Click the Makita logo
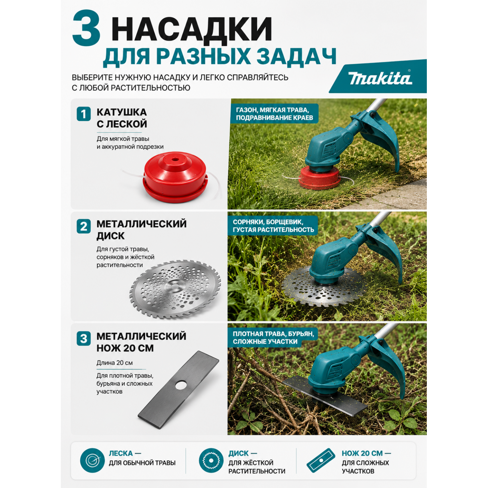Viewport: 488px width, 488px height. [x=380, y=78]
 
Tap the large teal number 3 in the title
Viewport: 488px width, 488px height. [x=86, y=28]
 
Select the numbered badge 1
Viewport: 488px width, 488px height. [x=84, y=114]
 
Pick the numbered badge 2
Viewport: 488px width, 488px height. [x=84, y=226]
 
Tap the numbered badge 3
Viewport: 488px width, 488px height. [x=84, y=338]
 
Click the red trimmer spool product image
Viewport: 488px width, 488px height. [x=175, y=178]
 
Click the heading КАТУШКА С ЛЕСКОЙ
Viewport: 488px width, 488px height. [x=122, y=118]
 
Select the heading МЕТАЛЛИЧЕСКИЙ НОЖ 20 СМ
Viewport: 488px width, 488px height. [x=142, y=342]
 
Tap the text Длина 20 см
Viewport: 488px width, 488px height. [x=115, y=363]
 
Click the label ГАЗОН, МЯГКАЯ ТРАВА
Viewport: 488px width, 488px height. [x=273, y=110]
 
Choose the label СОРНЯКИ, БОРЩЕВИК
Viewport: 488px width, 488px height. [x=268, y=222]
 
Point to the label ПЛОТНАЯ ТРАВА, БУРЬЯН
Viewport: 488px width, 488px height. [x=273, y=334]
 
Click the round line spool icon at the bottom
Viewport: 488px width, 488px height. [x=92, y=460]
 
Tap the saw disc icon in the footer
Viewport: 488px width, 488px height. [x=211, y=460]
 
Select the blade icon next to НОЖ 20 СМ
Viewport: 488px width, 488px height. [x=321, y=460]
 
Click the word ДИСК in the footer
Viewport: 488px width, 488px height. [x=238, y=453]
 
